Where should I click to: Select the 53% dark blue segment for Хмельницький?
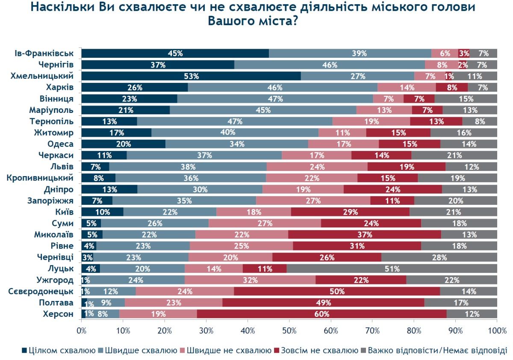(x=191, y=76)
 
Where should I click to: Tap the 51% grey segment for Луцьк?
(x=392, y=269)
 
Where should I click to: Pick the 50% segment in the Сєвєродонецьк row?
(x=337, y=291)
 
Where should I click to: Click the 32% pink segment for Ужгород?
(x=250, y=280)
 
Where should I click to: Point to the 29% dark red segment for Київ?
(x=350, y=212)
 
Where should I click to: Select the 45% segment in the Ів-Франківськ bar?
(x=175, y=53)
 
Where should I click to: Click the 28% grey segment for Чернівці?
(x=439, y=257)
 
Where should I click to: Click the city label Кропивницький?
(x=41, y=177)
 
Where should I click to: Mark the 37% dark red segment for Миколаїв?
(x=364, y=234)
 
